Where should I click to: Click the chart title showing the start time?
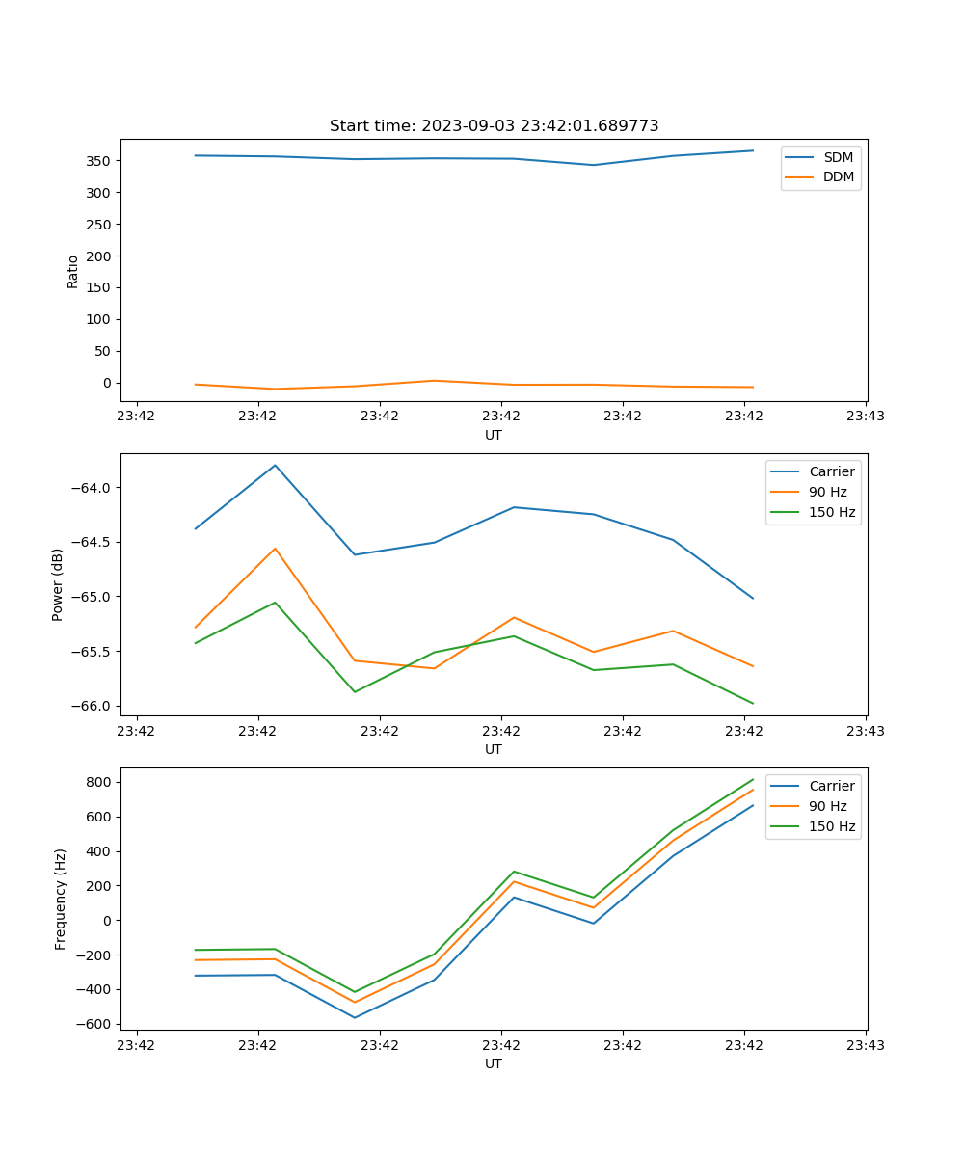tap(494, 126)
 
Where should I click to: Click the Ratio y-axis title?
tap(73, 272)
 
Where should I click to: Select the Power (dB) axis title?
tap(58, 584)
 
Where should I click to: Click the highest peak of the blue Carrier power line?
tap(276, 466)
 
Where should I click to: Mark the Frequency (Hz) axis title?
tap(60, 899)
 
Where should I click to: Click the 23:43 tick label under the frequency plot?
tap(866, 1045)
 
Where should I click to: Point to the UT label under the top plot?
tap(494, 435)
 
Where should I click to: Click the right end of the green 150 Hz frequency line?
tap(753, 779)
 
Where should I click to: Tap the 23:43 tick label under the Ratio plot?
tap(866, 417)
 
